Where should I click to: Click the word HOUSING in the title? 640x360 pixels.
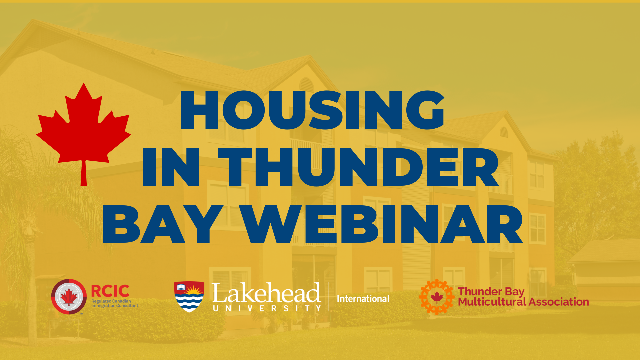[312, 110]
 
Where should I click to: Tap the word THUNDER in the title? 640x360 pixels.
[358, 167]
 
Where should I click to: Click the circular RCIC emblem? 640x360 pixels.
[69, 297]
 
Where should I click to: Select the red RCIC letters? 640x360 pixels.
[110, 291]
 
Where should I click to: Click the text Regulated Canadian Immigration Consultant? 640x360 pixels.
[115, 303]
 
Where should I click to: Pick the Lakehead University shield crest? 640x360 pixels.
[189, 297]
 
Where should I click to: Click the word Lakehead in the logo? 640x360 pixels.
[266, 293]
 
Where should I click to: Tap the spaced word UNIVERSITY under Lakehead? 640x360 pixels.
[267, 309]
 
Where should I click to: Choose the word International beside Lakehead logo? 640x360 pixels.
[363, 299]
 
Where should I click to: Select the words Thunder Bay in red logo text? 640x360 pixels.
[491, 292]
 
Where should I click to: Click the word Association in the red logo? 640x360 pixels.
[559, 302]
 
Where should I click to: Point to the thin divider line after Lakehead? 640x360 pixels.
[329, 297]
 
